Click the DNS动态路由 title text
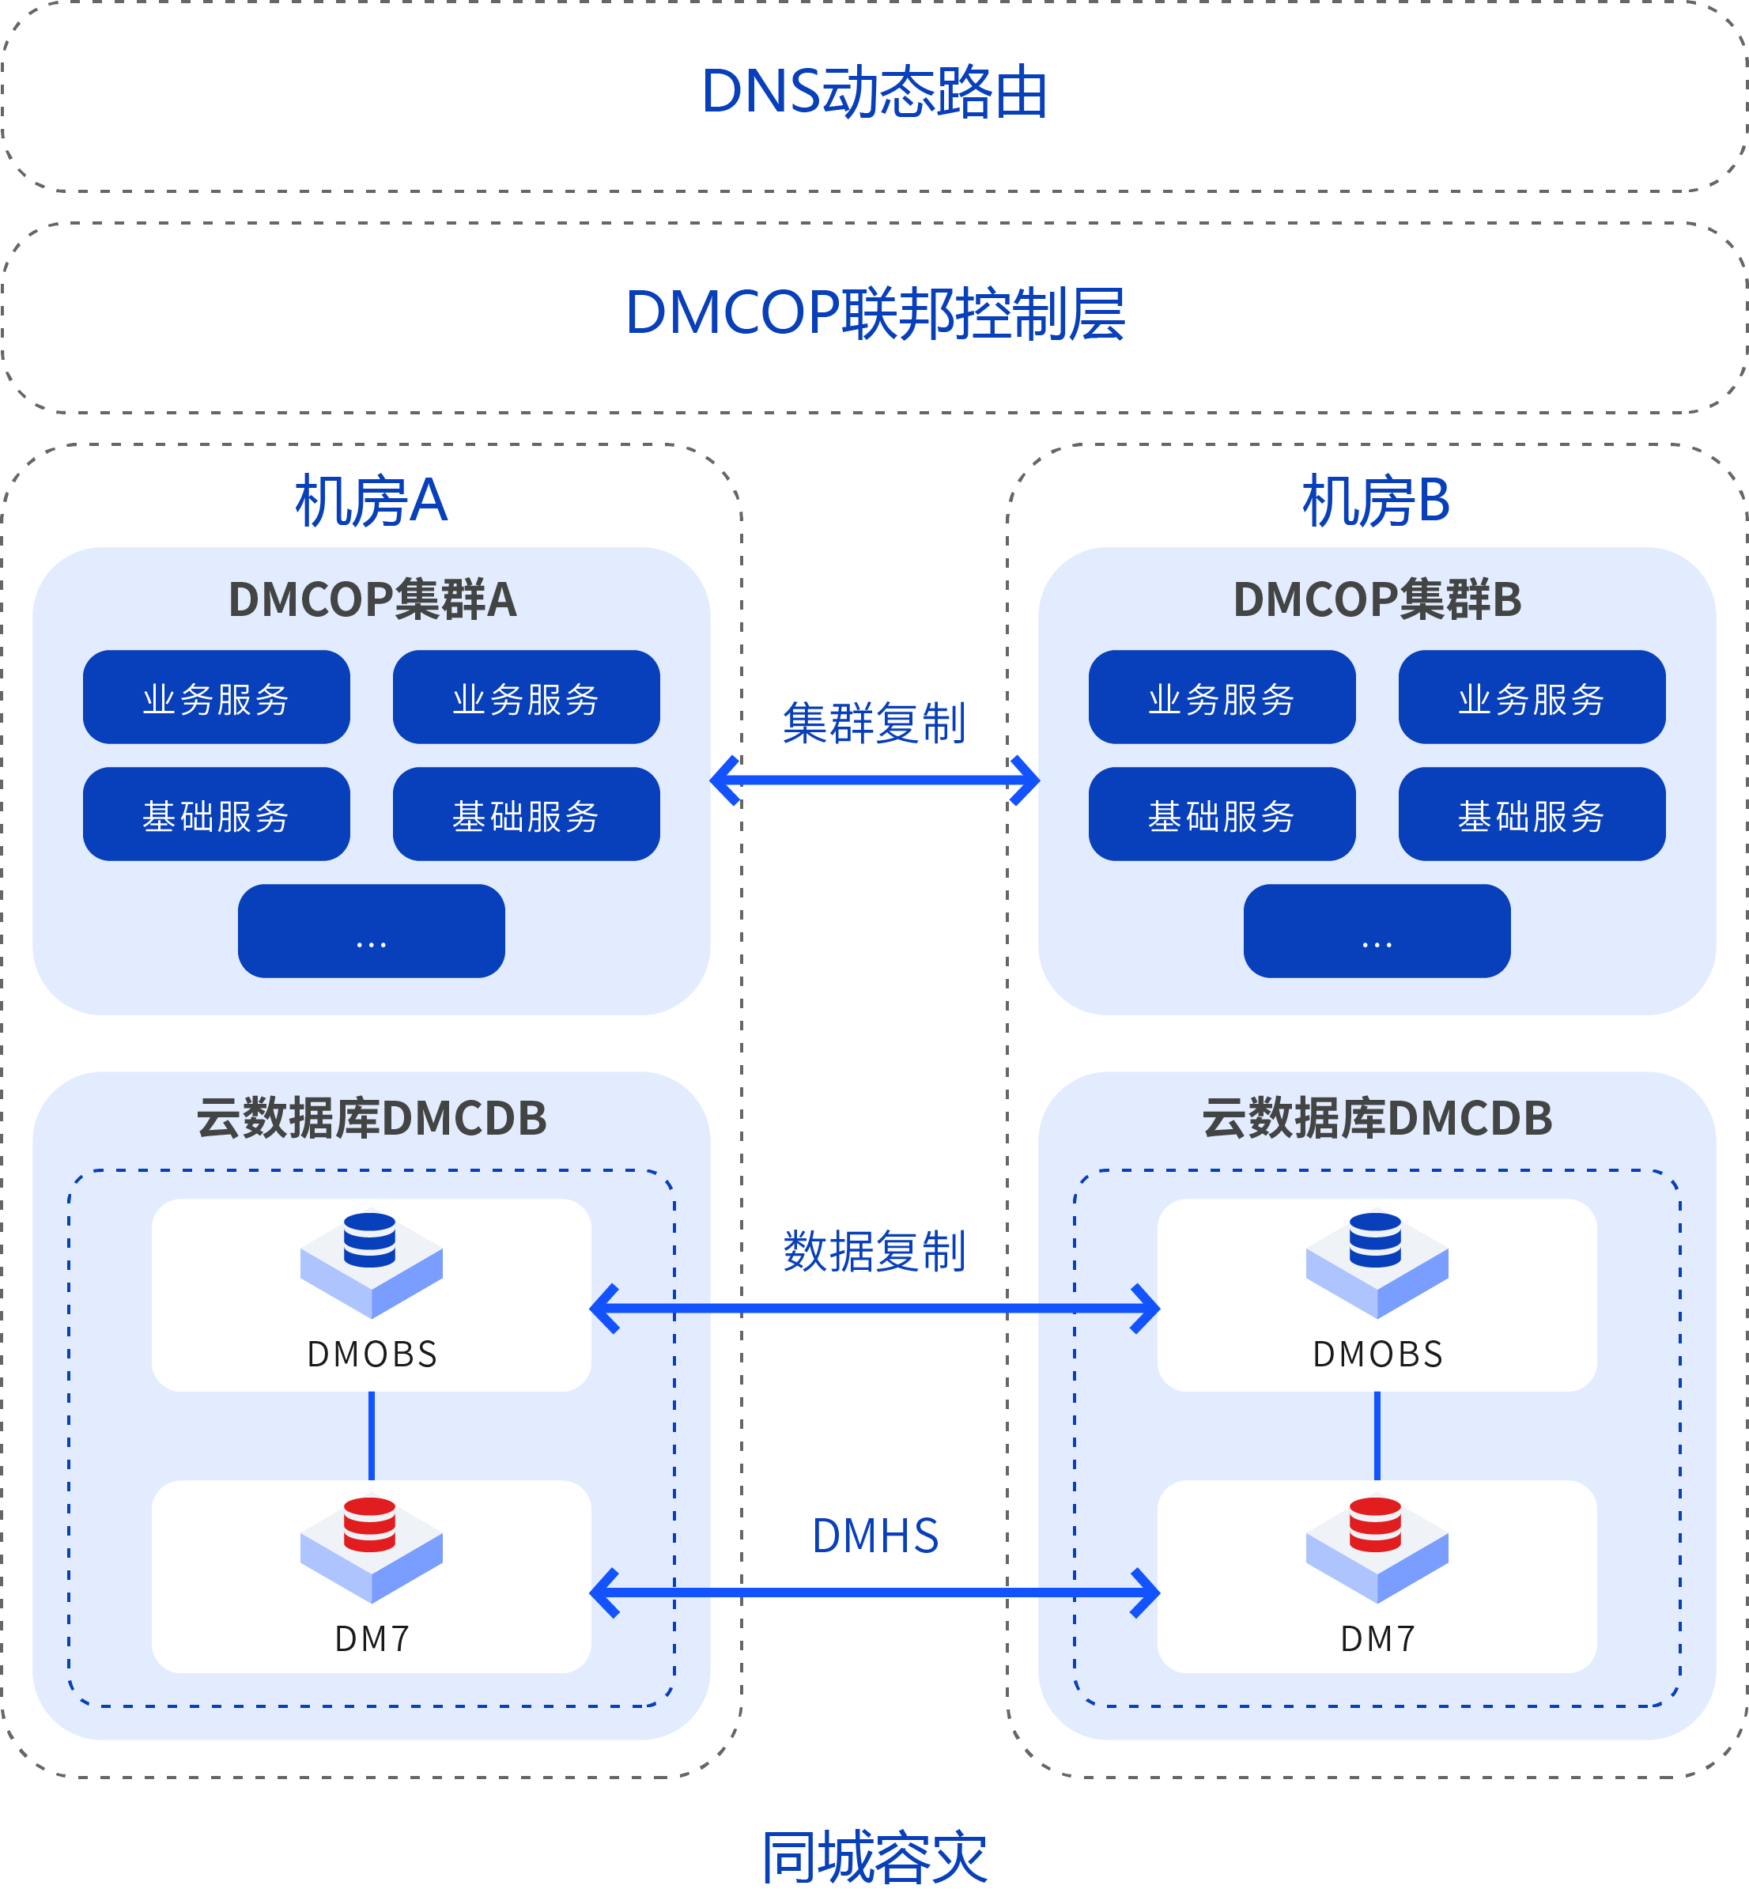[874, 93]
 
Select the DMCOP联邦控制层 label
[874, 313]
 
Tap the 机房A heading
[371, 501]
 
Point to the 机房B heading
[1376, 501]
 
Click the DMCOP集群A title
[372, 599]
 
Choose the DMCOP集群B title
[1377, 599]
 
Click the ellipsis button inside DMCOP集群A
[371, 931]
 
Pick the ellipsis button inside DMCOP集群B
[1377, 931]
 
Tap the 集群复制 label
[874, 724]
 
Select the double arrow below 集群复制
[874, 780]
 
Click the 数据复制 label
[874, 1251]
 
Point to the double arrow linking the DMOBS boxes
[874, 1309]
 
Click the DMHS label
[875, 1536]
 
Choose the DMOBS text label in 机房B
[1378, 1355]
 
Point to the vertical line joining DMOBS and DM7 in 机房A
[371, 1436]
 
